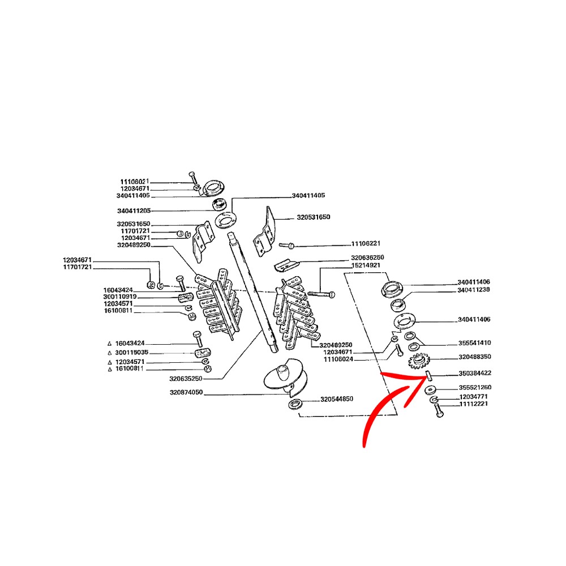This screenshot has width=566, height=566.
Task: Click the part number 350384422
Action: (474, 374)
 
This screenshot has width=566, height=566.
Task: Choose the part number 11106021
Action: (134, 181)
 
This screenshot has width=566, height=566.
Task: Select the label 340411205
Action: (134, 209)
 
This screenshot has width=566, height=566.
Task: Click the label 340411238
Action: (474, 290)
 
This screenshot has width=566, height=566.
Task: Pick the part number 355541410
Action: (474, 343)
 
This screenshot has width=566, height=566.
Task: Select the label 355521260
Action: (474, 387)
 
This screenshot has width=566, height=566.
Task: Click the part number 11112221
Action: (473, 404)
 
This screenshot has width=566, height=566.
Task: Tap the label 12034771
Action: (473, 397)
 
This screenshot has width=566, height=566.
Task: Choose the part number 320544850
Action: (337, 399)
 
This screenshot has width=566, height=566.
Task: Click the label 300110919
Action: (120, 297)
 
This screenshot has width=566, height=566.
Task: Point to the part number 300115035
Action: (130, 352)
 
